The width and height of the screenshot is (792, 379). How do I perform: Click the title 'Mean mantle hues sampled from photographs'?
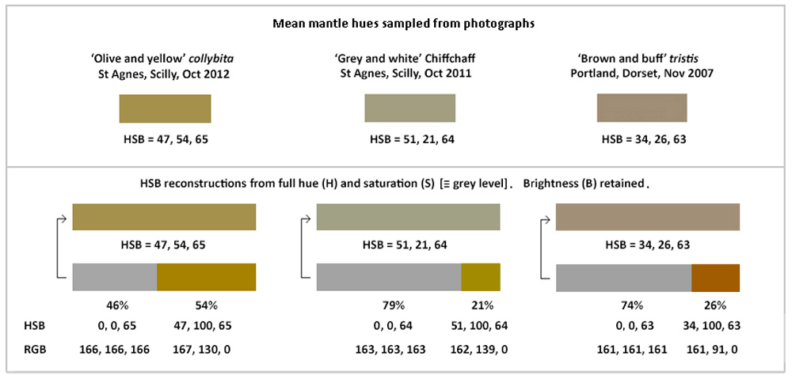coord(404,24)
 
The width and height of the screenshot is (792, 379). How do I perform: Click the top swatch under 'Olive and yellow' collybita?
coord(165,108)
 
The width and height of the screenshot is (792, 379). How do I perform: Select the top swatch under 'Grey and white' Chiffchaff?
coord(409,108)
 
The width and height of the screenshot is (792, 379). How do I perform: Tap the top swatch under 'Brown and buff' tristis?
coord(642,108)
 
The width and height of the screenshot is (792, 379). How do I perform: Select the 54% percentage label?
coord(206,305)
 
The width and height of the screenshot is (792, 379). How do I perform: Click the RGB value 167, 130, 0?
coord(206,349)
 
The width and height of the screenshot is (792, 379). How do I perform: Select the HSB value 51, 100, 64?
coord(479,325)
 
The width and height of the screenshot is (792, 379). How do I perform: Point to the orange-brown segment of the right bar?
coord(715,278)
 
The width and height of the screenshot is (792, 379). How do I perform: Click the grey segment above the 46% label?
coord(115,278)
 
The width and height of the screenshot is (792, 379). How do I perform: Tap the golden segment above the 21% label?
coord(480,278)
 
